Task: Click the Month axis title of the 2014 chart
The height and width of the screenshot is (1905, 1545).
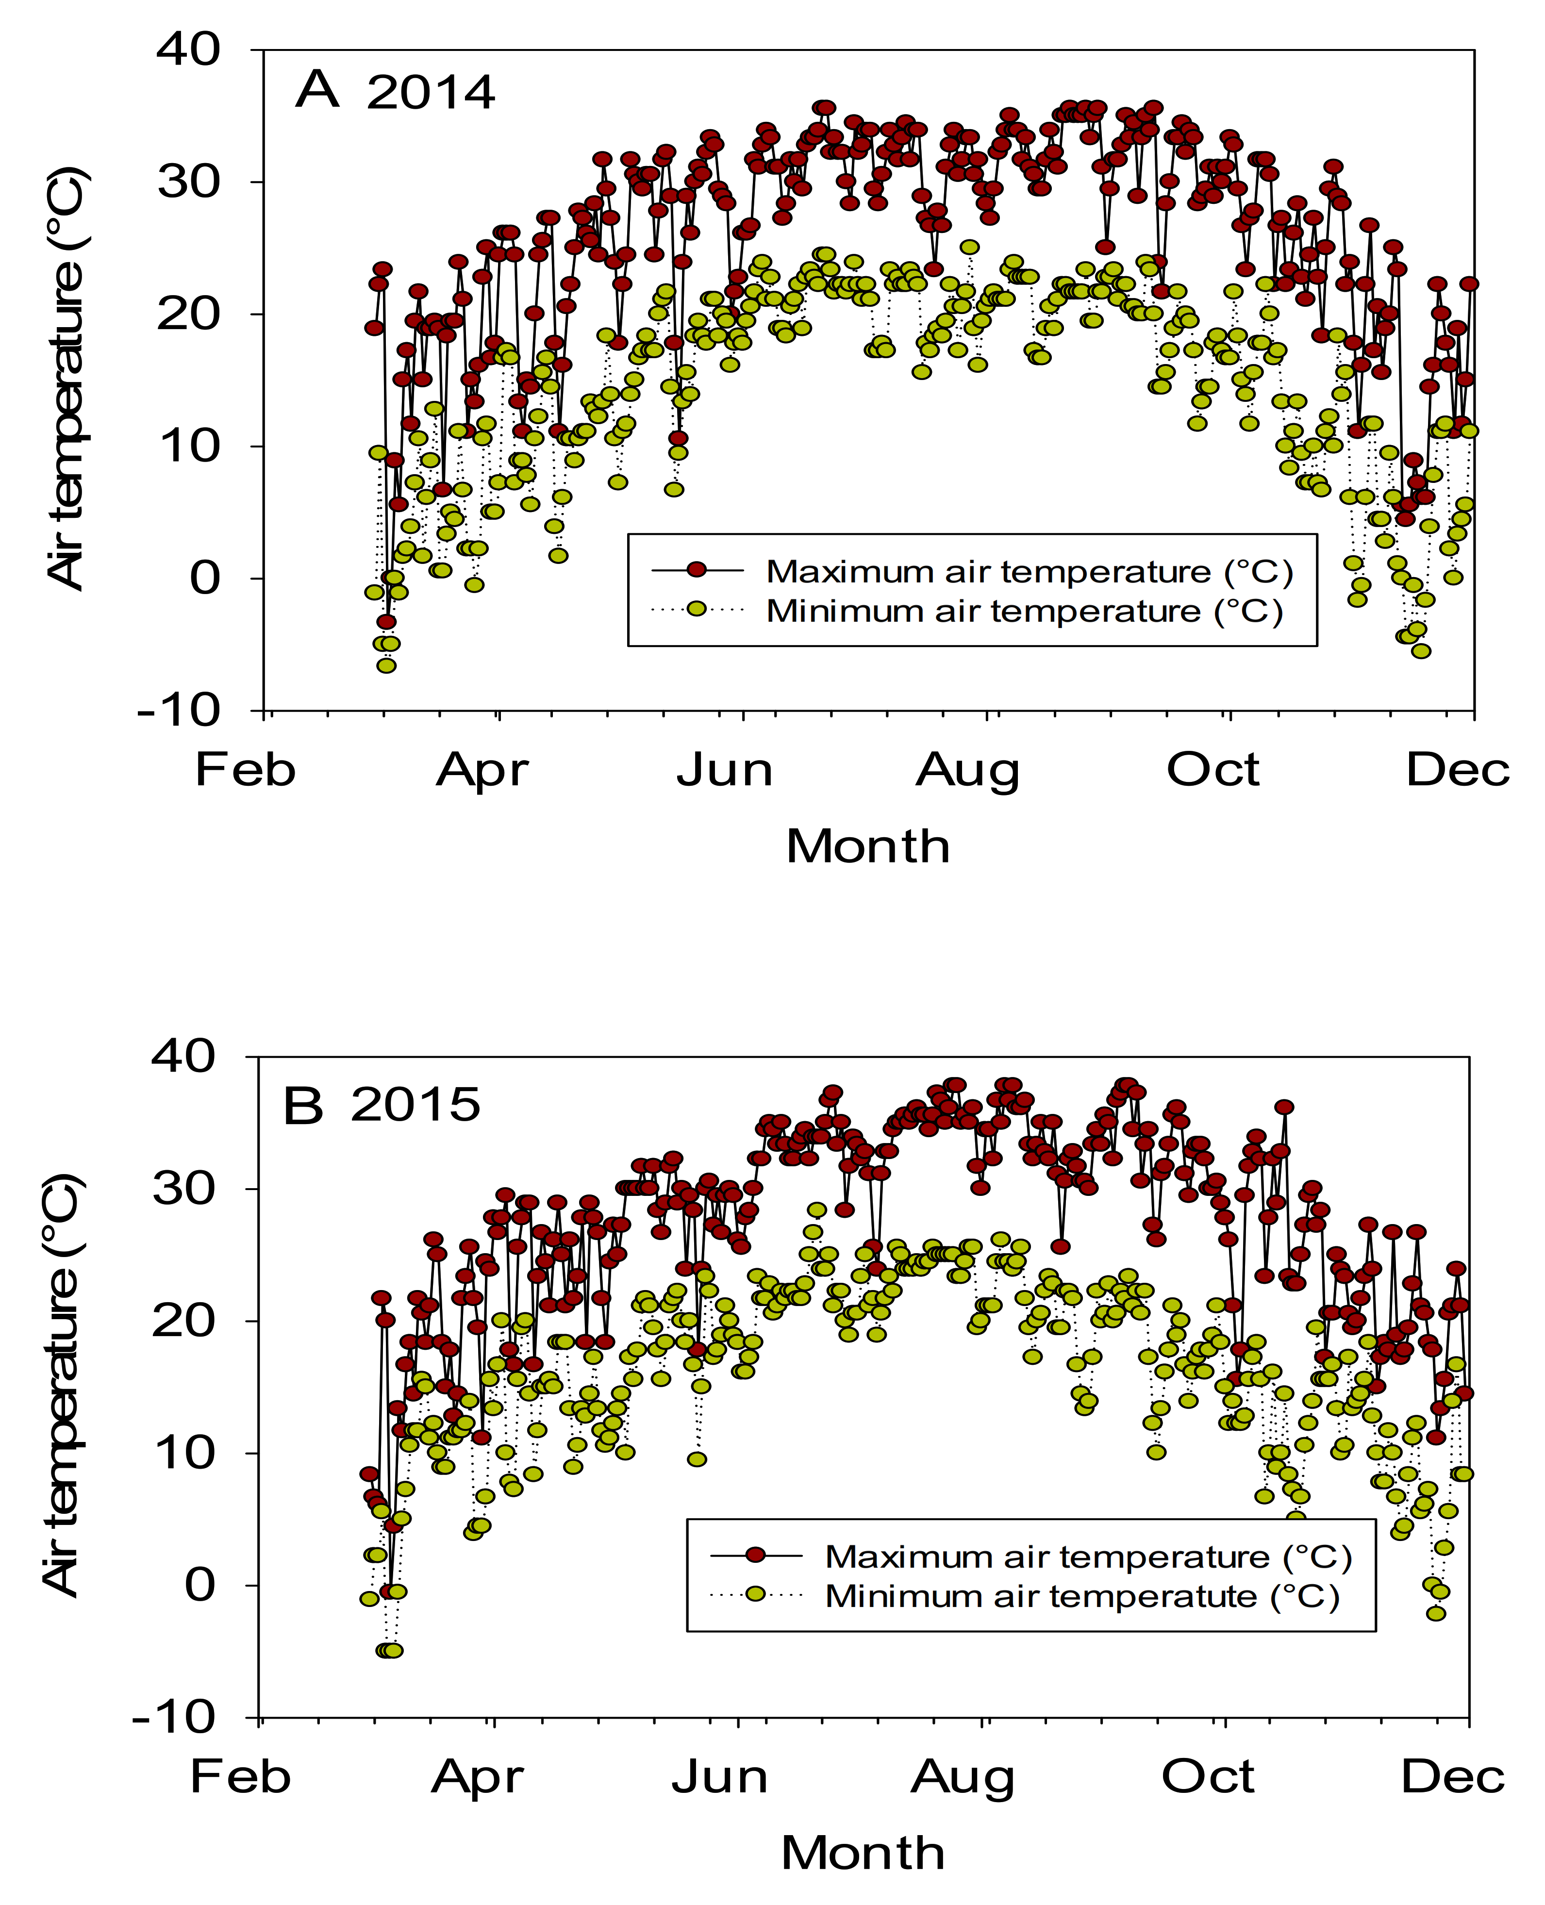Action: (x=868, y=846)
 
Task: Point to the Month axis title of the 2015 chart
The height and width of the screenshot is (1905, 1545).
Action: (x=863, y=1854)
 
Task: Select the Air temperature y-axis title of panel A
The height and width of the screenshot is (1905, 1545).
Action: (x=67, y=378)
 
